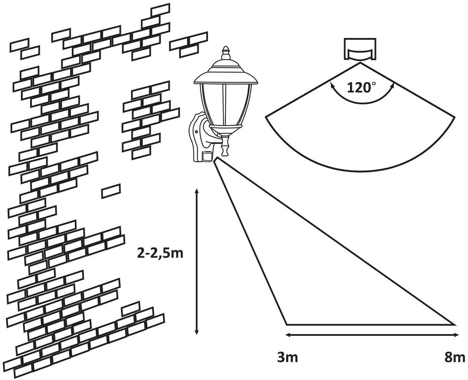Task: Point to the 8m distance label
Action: pyautogui.click(x=454, y=358)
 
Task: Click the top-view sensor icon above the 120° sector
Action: pyautogui.click(x=360, y=49)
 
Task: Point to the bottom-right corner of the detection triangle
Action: pyautogui.click(x=454, y=325)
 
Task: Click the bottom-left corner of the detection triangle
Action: pyautogui.click(x=286, y=325)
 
